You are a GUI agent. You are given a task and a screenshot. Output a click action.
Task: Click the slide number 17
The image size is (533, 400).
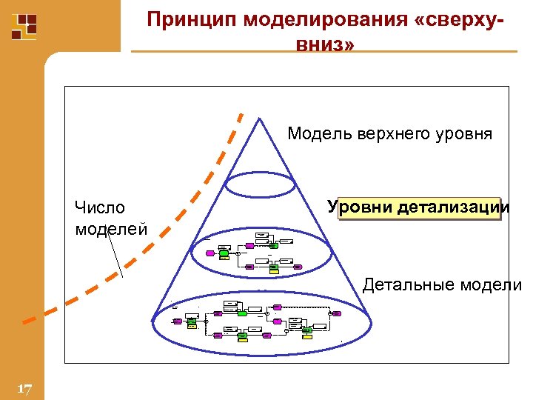click(x=24, y=389)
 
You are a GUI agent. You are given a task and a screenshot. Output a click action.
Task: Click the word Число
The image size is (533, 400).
click(x=100, y=208)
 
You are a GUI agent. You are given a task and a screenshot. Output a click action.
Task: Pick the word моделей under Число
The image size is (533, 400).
click(x=111, y=229)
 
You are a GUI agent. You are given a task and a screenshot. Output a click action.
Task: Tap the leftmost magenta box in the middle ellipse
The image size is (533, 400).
click(x=210, y=253)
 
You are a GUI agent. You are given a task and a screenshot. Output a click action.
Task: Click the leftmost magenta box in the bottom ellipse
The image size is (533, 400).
click(x=178, y=321)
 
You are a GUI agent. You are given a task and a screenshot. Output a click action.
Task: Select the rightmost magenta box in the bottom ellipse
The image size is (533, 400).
click(x=337, y=313)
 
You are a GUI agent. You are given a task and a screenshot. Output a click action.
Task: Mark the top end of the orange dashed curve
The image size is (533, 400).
click(x=241, y=114)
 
